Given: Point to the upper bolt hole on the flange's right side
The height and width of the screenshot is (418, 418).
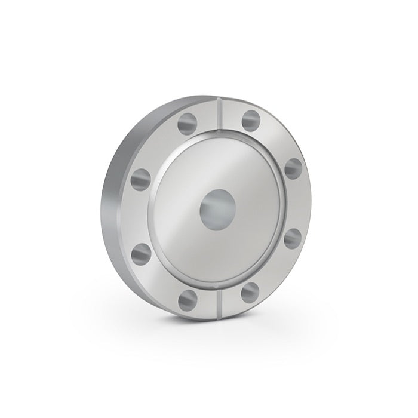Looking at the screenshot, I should (x=292, y=168).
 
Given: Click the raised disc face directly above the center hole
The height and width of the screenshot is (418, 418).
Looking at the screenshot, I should (x=216, y=161).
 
